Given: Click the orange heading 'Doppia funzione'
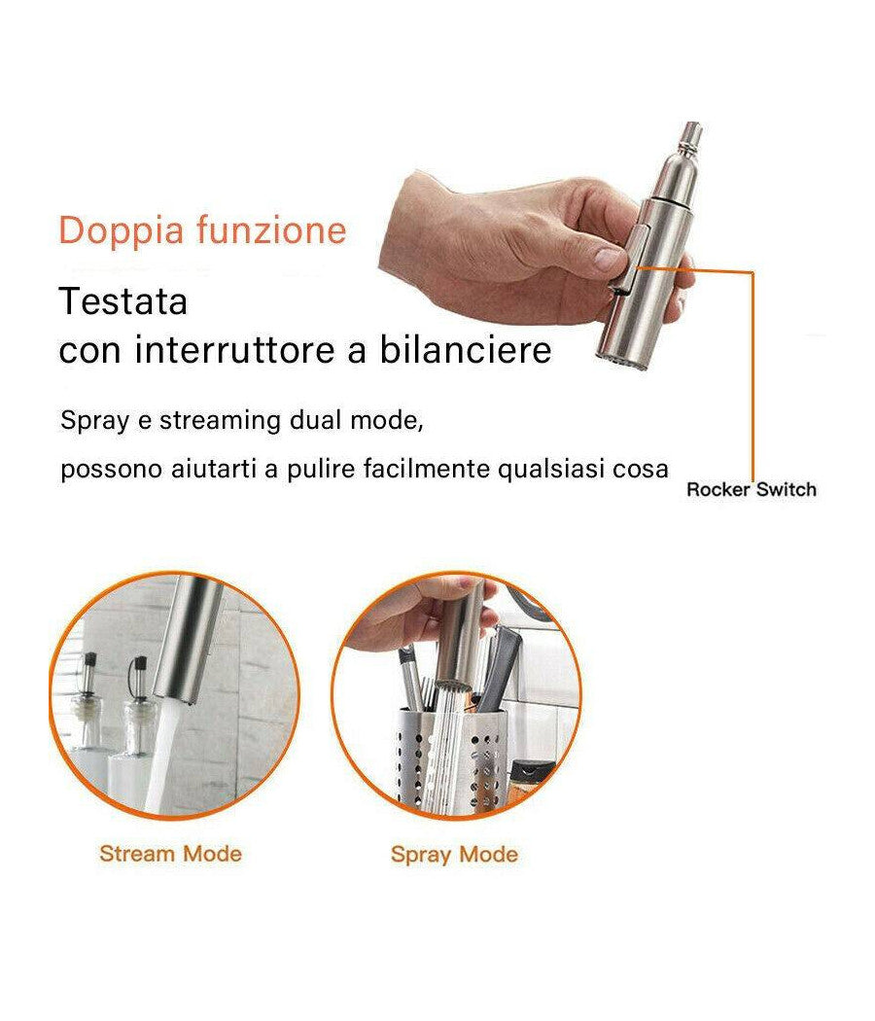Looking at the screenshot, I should click(202, 231).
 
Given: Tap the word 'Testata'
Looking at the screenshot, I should click(122, 301).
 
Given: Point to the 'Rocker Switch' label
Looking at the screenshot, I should click(751, 489).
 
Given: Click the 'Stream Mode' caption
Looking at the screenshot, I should click(170, 854).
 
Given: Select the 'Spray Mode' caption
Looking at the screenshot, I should click(454, 855).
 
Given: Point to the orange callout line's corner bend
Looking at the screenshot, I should click(752, 272).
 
